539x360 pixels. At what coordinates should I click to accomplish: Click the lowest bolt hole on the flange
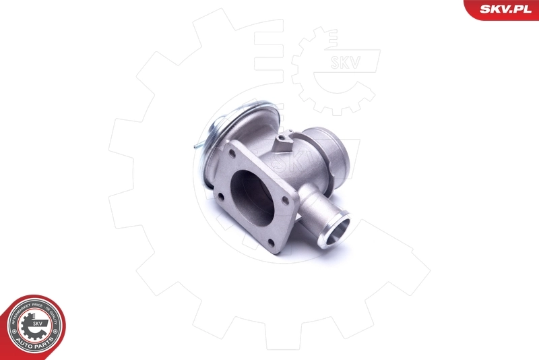(274, 240)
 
